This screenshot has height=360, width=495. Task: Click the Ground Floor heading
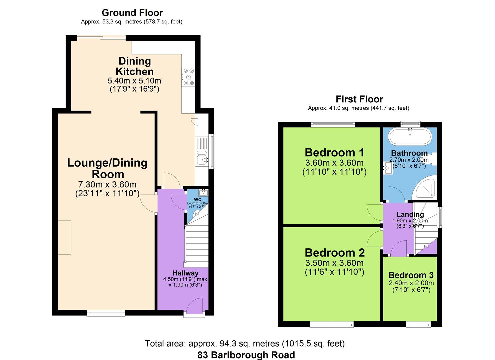[132, 13]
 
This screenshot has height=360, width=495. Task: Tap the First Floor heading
[359, 99]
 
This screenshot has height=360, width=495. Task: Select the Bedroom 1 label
[334, 152]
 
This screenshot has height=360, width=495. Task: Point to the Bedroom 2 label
[334, 252]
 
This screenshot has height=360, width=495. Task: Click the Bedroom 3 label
[411, 275]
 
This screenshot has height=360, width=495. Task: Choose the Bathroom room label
[409, 153]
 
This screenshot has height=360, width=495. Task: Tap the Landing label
[410, 214]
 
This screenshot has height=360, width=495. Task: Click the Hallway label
[185, 273]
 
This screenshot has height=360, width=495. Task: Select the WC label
[197, 199]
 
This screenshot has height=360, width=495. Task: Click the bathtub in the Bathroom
[410, 136]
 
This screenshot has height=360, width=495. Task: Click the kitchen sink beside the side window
[202, 159]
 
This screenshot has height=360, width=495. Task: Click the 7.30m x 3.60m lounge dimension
[107, 184]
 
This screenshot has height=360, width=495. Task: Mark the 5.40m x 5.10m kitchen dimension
[134, 81]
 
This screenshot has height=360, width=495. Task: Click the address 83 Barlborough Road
[246, 355]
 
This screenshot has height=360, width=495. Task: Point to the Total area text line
[245, 343]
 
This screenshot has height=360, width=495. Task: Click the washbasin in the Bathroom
[388, 168]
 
